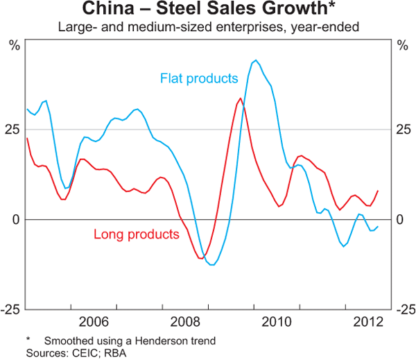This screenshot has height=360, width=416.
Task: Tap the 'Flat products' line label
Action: pos(199,78)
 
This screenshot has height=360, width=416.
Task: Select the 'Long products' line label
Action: pos(135,234)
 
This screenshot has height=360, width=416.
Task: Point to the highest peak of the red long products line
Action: pos(240,98)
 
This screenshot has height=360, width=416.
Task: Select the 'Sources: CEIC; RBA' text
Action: pos(67,352)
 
